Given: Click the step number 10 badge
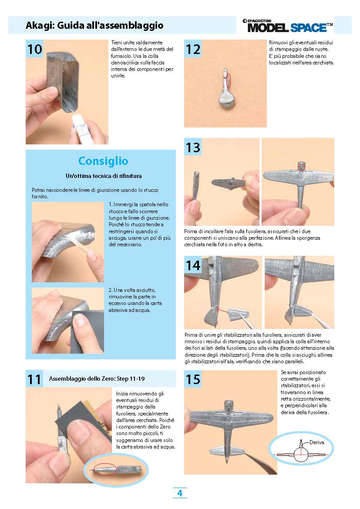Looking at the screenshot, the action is tap(34, 49).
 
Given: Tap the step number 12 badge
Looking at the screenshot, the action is tap(193, 49).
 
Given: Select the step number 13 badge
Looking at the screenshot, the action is tap(193, 147).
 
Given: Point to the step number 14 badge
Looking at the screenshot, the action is tap(193, 265).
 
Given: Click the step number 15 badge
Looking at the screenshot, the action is tap(193, 379).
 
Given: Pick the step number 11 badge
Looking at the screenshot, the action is tap(34, 379).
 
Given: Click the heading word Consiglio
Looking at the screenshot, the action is tap(103, 161).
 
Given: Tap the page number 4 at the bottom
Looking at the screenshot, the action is tap(180, 493).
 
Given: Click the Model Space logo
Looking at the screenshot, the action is tap(288, 26).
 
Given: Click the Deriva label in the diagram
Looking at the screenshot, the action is tap(317, 442).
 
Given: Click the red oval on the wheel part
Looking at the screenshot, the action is tap(228, 80).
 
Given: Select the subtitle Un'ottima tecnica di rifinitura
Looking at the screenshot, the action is tap(104, 176).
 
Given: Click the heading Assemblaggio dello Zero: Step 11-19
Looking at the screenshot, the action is tap(97, 378).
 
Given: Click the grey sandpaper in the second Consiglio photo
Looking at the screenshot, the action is tap(88, 331).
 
